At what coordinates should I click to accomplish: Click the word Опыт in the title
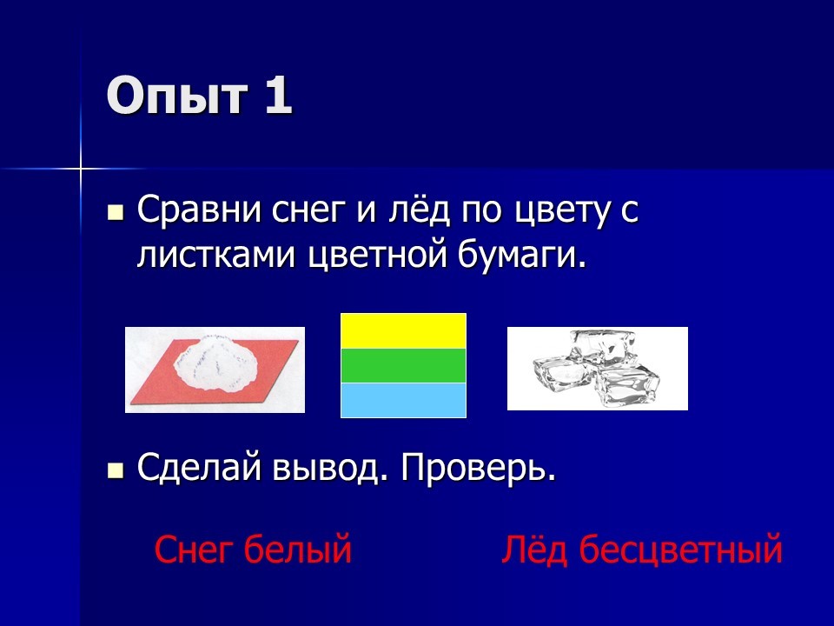tap(177, 97)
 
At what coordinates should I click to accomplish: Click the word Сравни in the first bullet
tap(200, 210)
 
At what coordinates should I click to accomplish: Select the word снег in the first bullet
tap(308, 211)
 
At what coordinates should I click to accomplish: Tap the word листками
tap(216, 256)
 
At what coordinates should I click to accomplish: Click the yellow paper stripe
tap(403, 331)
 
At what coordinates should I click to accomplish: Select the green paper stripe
tap(403, 366)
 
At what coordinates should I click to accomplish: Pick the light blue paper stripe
tap(403, 400)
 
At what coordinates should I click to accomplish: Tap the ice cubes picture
tap(597, 369)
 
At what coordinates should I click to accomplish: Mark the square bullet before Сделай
tap(116, 471)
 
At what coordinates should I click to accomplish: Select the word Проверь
tap(479, 469)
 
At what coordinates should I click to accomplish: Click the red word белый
tap(298, 549)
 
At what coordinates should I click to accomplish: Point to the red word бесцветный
tap(680, 549)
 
